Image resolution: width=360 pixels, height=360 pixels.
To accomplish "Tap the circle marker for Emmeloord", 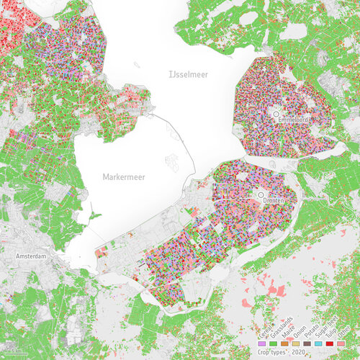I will point(276,114).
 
